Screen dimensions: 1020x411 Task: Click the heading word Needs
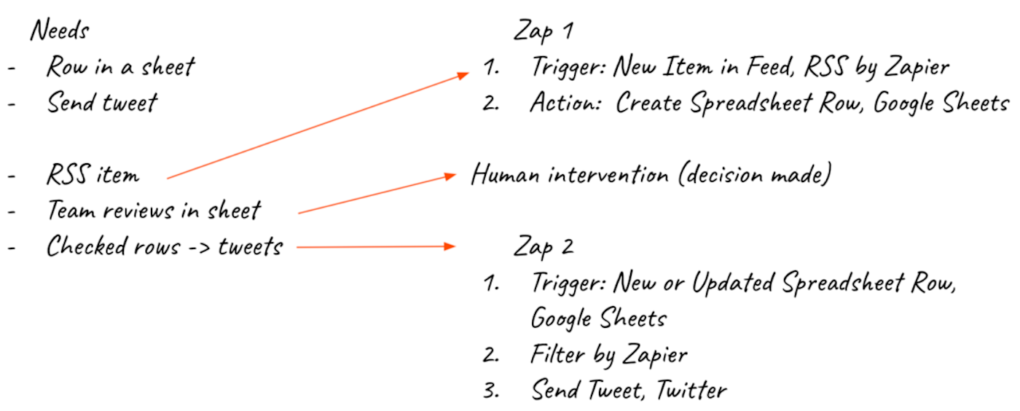click(60, 31)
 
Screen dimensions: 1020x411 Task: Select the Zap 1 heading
click(543, 31)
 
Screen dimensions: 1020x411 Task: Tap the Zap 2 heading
click(543, 246)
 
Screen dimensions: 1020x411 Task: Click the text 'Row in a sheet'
click(121, 67)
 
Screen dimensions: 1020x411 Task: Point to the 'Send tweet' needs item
click(102, 103)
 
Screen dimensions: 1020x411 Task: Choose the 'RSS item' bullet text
click(93, 175)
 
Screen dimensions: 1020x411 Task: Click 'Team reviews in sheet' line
click(154, 211)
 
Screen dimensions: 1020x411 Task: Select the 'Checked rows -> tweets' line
click(165, 246)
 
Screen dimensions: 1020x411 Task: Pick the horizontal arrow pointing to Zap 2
click(376, 248)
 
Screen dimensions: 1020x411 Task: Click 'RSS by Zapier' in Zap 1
click(876, 68)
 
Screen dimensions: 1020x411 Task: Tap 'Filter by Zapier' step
click(609, 355)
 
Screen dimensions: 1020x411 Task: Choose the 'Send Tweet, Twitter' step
click(629, 390)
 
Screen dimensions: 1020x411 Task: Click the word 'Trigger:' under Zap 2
click(568, 283)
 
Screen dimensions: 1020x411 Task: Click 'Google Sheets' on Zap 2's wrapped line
click(598, 318)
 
